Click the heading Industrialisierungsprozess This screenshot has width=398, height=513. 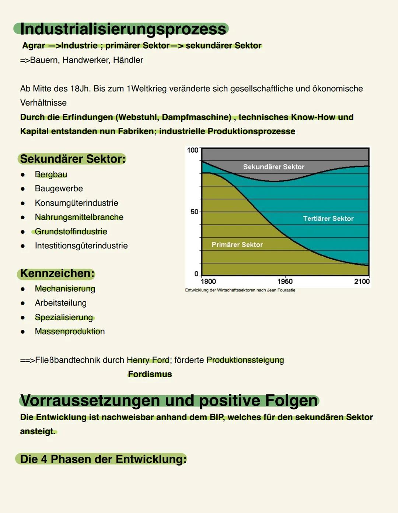(123, 29)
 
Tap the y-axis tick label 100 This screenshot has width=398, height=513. (192, 150)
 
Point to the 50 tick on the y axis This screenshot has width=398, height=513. (194, 212)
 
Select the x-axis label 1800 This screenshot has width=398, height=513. (208, 282)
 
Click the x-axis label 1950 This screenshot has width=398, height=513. (285, 282)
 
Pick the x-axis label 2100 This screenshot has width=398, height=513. (362, 282)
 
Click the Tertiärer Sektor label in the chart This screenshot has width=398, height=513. (328, 219)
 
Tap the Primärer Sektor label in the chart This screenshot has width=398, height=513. (237, 245)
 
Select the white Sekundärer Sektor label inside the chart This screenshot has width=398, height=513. (273, 167)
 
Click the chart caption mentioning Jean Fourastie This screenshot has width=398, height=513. (240, 290)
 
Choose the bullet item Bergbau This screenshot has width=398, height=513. (51, 174)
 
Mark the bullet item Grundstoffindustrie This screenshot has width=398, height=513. (71, 231)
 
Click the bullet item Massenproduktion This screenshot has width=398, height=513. (70, 332)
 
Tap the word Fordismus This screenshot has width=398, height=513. (150, 374)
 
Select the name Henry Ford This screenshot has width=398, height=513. (148, 360)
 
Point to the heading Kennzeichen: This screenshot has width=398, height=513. (57, 273)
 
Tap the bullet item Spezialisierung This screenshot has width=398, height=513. (64, 317)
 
